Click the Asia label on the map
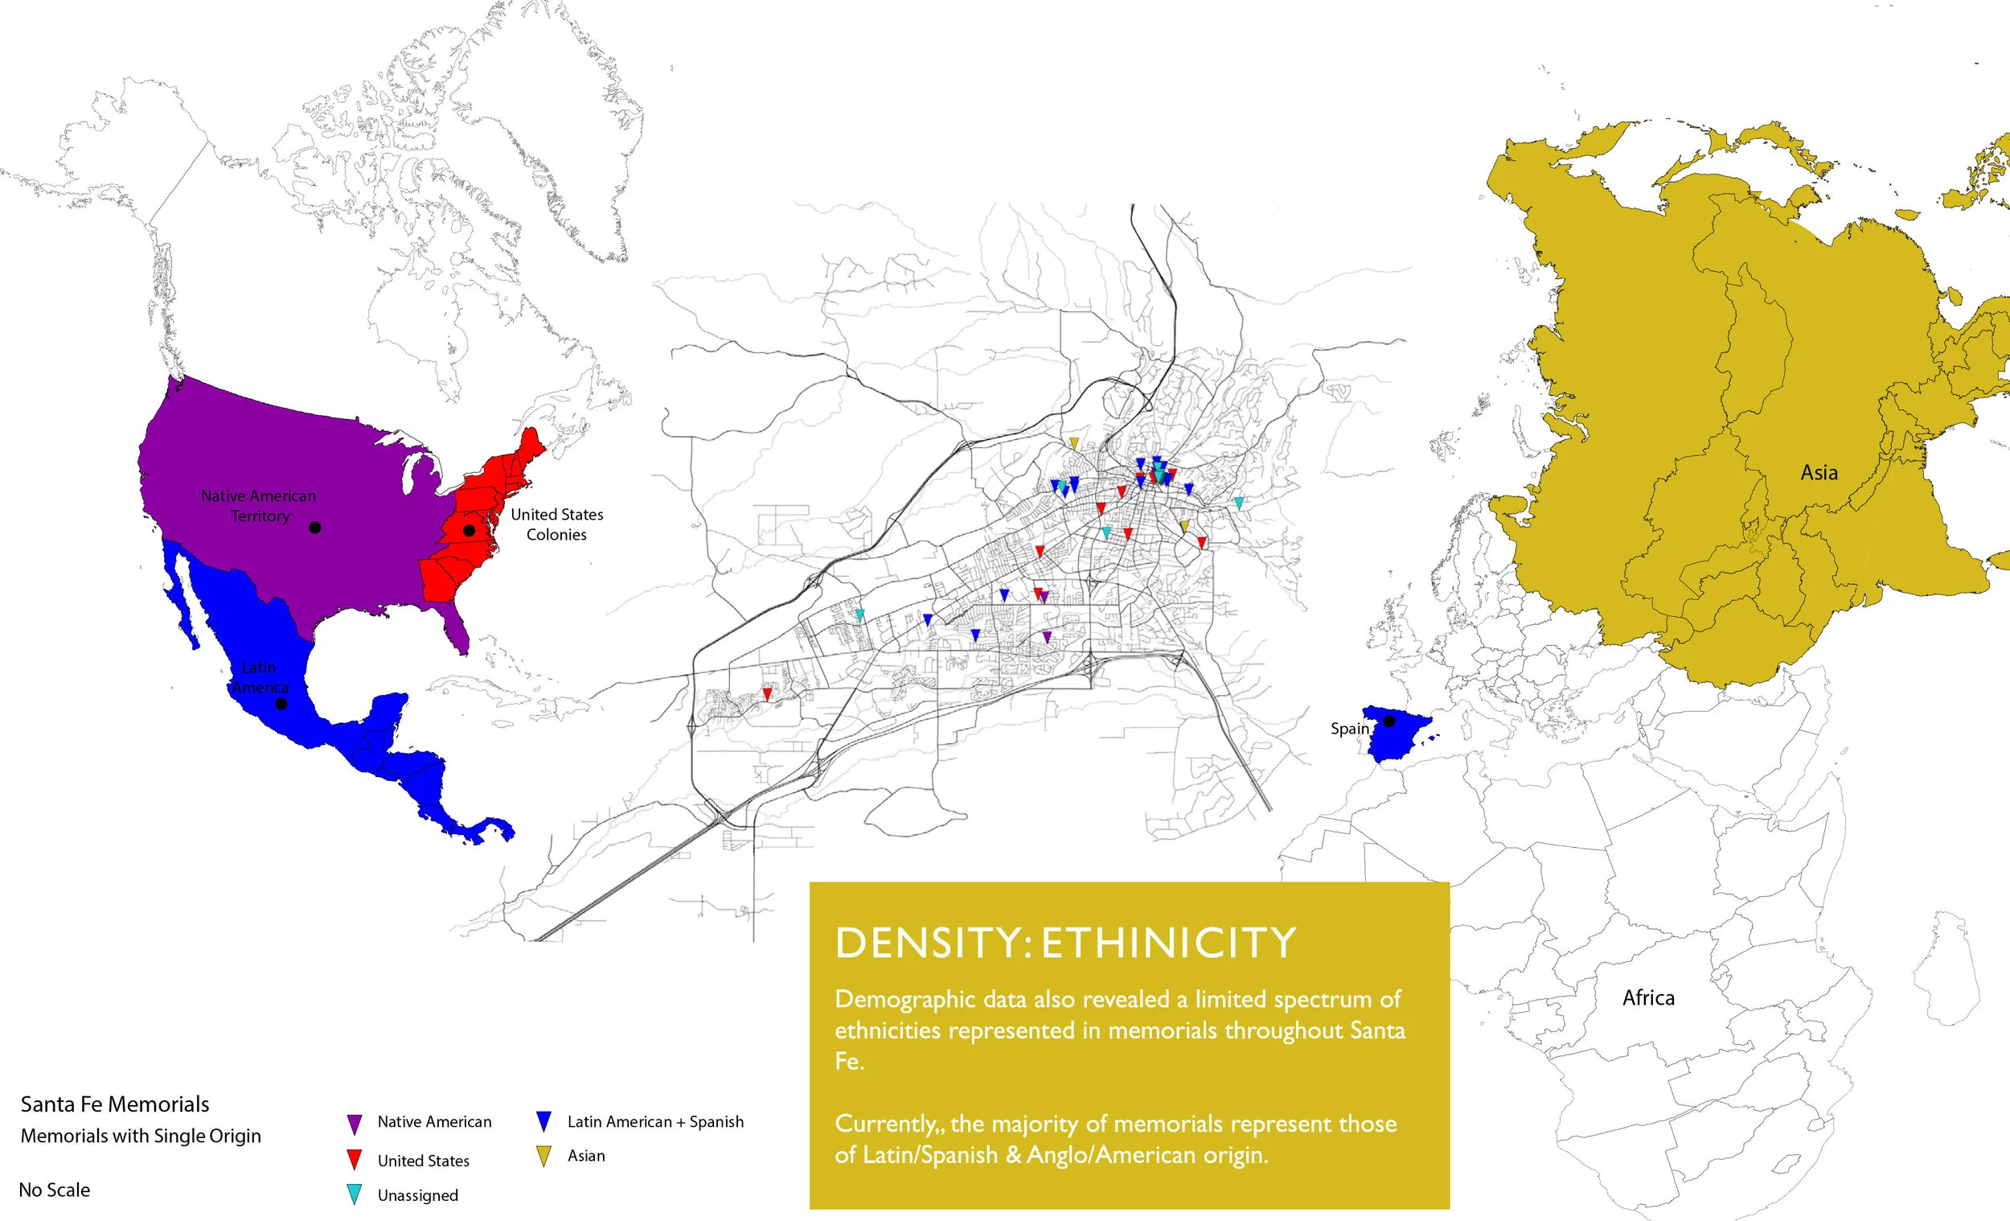tap(1819, 473)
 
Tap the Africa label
tap(1648, 997)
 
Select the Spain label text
tap(1349, 728)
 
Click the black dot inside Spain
tap(1389, 721)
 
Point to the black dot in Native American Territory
tap(315, 528)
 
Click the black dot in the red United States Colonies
tap(469, 531)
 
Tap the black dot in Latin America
tap(281, 704)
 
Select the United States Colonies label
tap(556, 524)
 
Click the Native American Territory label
tap(259, 505)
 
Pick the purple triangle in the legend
tap(354, 1124)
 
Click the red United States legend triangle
tap(354, 1160)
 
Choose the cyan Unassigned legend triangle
tap(354, 1194)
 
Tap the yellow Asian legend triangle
tap(544, 1156)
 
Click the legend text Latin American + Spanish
tap(655, 1121)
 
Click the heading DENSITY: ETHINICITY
tap(1065, 943)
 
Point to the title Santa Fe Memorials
tap(114, 1104)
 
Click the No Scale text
tap(54, 1189)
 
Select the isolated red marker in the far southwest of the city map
tap(767, 693)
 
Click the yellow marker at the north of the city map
tap(1074, 443)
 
